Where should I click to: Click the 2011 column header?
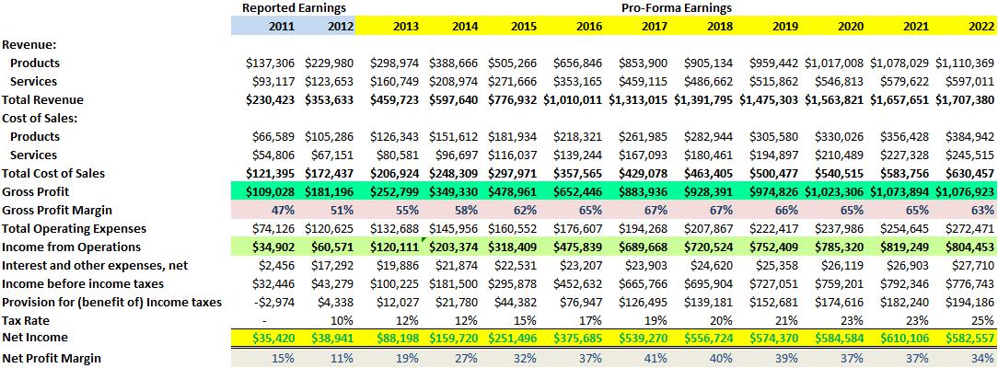(282, 26)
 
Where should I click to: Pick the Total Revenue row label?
(43, 99)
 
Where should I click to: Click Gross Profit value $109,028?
(271, 191)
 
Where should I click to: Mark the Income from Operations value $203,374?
(458, 247)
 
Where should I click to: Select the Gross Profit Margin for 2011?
(284, 210)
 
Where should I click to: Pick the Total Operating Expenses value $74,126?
(273, 228)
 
